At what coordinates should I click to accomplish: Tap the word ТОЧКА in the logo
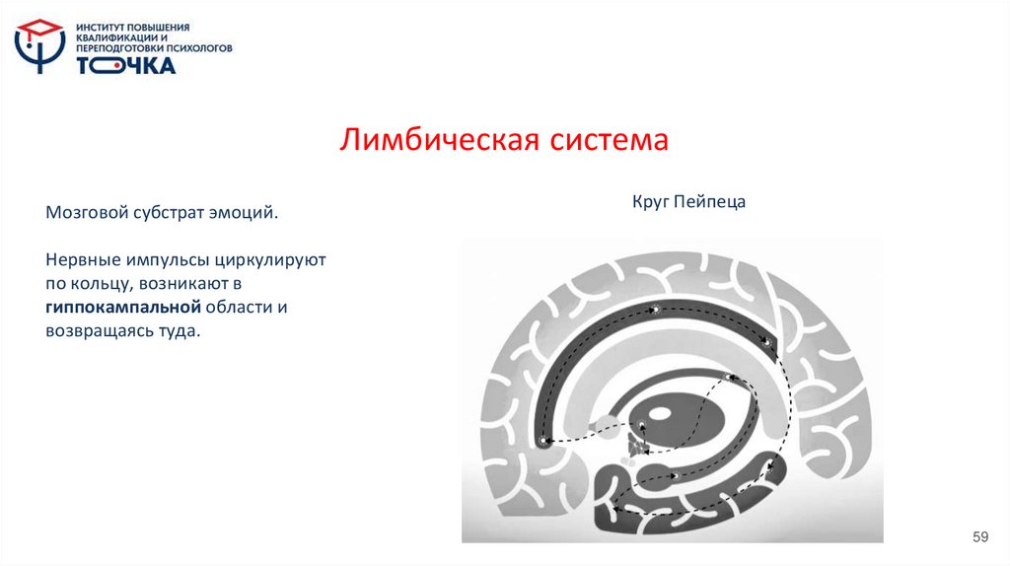tap(126, 65)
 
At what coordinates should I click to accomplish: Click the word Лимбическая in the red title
tap(431, 139)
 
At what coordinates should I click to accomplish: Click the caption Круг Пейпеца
tap(689, 202)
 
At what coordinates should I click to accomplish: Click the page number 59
tap(979, 536)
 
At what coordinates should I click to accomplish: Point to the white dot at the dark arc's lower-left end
tap(542, 442)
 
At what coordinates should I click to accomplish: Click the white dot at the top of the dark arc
tap(653, 311)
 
